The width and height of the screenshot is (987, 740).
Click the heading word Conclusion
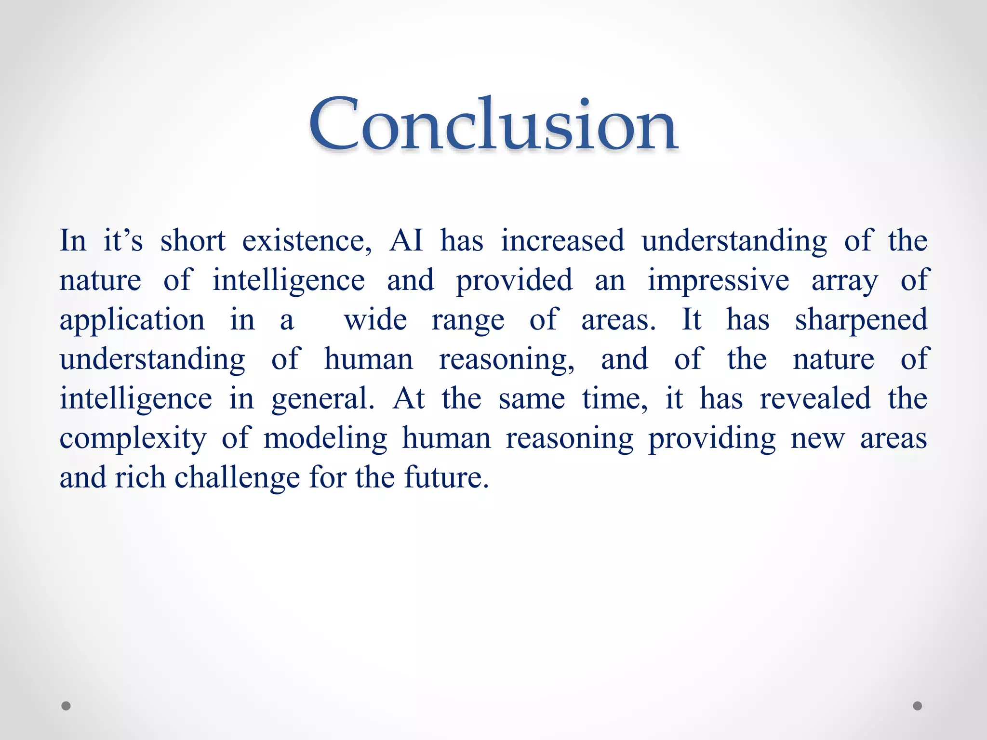click(493, 124)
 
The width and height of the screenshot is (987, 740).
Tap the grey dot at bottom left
click(66, 706)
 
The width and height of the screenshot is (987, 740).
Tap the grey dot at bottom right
click(918, 706)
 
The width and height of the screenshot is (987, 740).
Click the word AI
click(406, 240)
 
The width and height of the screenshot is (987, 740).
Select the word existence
click(307, 240)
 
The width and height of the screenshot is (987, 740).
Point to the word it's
click(123, 240)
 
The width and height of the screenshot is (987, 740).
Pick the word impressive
click(718, 280)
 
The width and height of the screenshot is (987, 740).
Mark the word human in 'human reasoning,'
click(368, 359)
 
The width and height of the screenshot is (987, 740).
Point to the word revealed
click(815, 399)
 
